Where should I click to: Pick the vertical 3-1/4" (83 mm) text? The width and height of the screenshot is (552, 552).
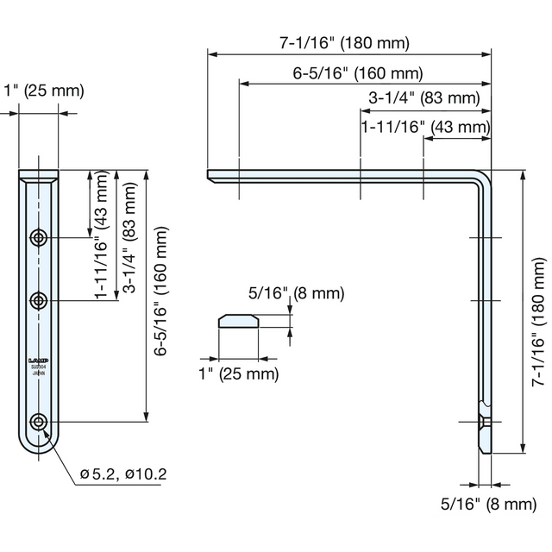[130, 235]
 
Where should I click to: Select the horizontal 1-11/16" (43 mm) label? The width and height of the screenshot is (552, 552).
[424, 126]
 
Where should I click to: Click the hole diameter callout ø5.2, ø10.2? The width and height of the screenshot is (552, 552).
[123, 474]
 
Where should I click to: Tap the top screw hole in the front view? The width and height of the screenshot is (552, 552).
[39, 237]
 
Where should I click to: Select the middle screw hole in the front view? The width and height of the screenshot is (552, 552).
[39, 300]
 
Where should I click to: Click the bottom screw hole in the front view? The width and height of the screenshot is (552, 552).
[39, 422]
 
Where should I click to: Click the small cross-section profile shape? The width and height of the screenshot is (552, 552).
[240, 321]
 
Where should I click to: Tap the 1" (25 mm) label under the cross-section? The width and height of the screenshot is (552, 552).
[239, 373]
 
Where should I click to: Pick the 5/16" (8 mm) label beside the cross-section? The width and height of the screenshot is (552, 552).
[296, 293]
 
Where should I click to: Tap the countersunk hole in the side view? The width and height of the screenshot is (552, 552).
[485, 422]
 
